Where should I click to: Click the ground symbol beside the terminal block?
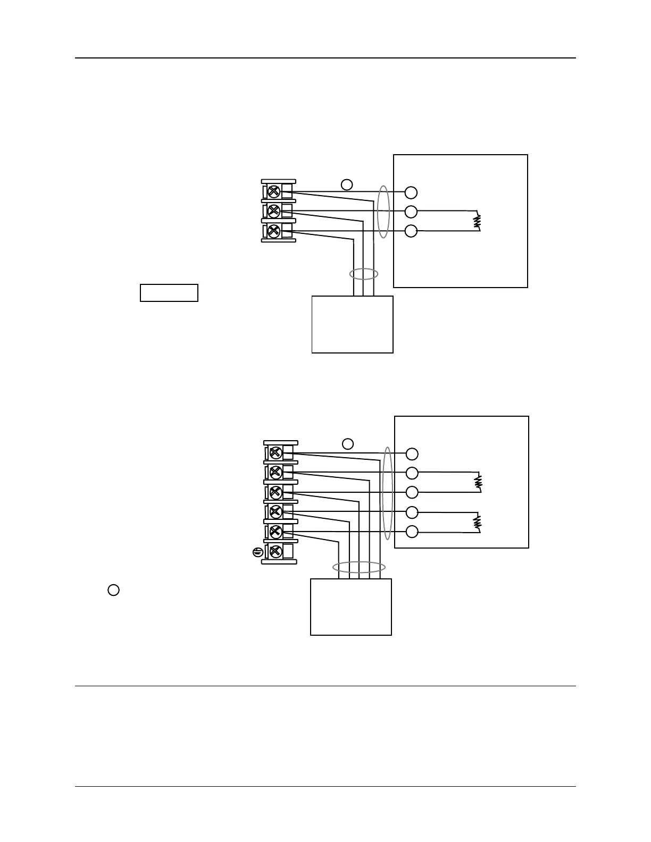tap(257, 552)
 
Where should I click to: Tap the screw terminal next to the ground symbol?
tap(276, 551)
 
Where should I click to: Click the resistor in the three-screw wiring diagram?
tap(478, 221)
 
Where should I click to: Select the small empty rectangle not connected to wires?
tap(169, 293)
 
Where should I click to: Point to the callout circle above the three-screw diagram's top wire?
tap(346, 184)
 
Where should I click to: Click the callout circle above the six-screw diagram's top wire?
tap(347, 444)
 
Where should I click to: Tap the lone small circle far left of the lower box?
tap(113, 590)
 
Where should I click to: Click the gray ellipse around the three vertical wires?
tap(364, 274)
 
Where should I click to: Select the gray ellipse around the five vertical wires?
tap(359, 567)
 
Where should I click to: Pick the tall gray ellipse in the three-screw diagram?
tap(383, 212)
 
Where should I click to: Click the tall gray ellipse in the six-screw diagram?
tap(388, 493)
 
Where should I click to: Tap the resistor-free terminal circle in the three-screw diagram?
tap(411, 192)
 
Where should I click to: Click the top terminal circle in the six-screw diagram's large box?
tap(412, 454)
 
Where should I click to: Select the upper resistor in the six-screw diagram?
tap(478, 482)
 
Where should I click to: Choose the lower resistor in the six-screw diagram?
tap(478, 522)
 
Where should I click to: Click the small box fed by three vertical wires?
tap(352, 324)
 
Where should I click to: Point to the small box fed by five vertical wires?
tap(351, 607)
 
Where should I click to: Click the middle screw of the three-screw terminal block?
tap(274, 211)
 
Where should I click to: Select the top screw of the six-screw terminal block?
tap(276, 453)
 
